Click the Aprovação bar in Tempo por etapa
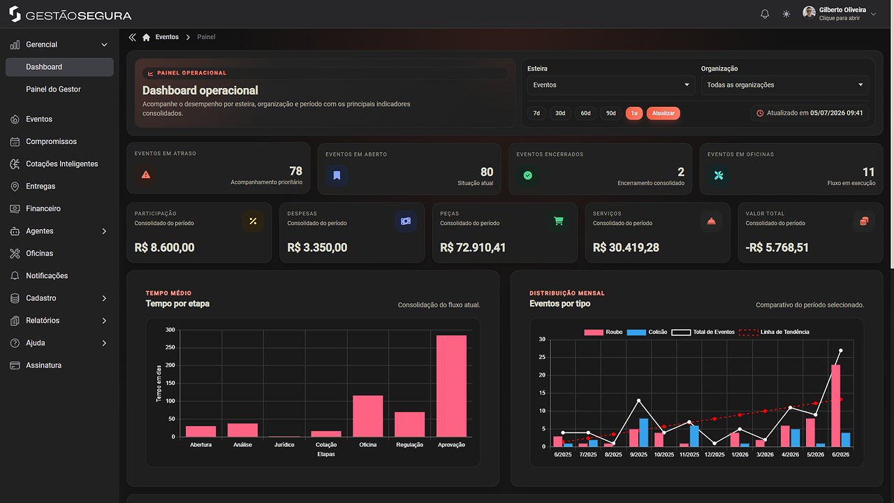coord(451,386)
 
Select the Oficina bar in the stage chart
coord(367,416)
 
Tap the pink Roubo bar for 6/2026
coord(835,406)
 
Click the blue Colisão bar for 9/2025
coord(643,432)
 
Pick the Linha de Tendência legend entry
coord(774,332)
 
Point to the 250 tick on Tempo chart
coord(170,347)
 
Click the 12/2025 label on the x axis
coord(715,454)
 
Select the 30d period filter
coord(560,113)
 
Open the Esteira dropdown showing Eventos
coord(610,85)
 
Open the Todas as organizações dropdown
coord(784,85)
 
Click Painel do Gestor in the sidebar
coord(53,89)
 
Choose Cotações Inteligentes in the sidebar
coord(62,164)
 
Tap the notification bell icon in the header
coord(765,15)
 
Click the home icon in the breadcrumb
coord(147,37)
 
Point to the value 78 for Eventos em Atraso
coord(295,171)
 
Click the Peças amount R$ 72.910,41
coord(473,247)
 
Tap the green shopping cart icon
coord(558,221)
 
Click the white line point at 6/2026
coord(840,351)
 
